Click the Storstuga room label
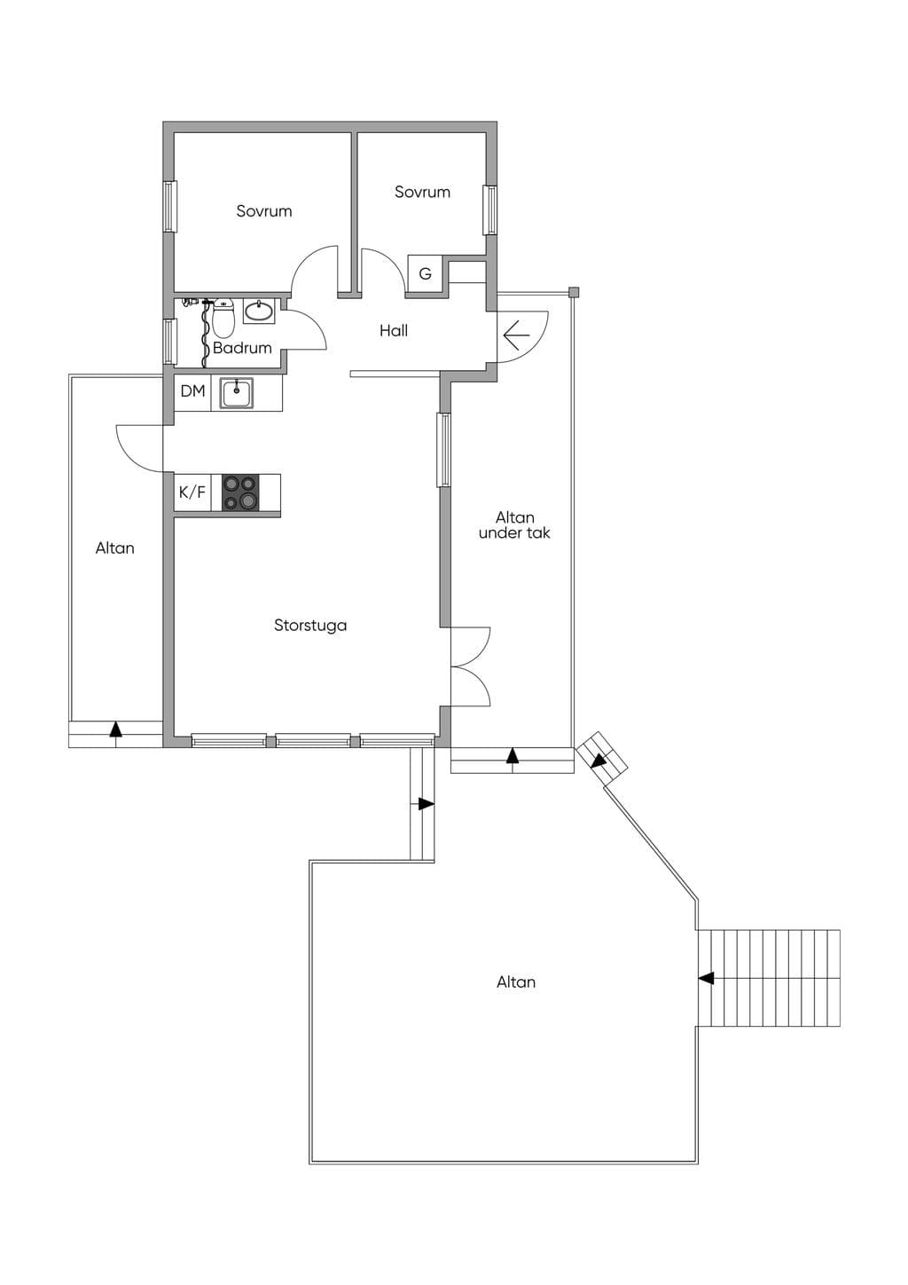click(x=310, y=626)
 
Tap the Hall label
click(x=394, y=330)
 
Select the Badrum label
click(x=242, y=348)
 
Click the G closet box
click(x=425, y=273)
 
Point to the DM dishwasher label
click(x=192, y=391)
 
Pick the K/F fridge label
click(x=192, y=493)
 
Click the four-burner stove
click(x=240, y=493)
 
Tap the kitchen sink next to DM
click(x=237, y=392)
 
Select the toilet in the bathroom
click(x=223, y=319)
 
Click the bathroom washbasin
click(x=260, y=311)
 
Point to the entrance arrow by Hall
click(x=516, y=335)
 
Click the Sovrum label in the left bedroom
click(x=264, y=211)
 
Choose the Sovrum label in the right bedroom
click(x=422, y=192)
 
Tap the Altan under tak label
click(x=514, y=525)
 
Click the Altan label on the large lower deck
click(x=516, y=982)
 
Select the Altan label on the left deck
click(x=114, y=548)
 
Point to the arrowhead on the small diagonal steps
click(x=599, y=761)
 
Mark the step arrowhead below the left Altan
click(x=116, y=729)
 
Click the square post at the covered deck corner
click(x=573, y=293)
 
